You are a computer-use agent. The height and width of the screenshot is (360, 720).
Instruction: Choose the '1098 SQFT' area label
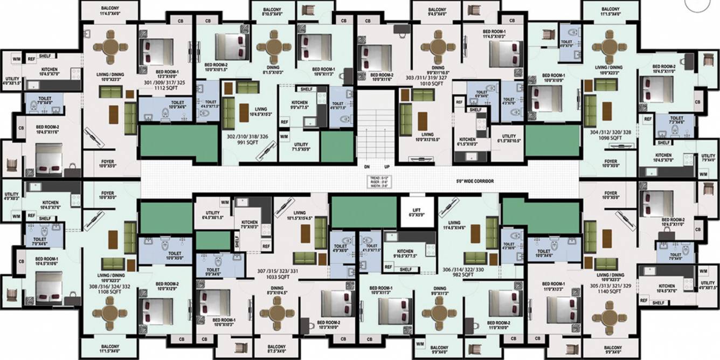pyautogui.click(x=607, y=137)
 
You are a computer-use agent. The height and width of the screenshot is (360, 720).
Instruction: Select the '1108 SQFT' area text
pyautogui.click(x=108, y=292)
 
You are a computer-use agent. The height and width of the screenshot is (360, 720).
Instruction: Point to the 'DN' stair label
pyautogui.click(x=366, y=167)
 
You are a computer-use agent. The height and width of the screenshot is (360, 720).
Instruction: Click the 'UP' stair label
pyautogui.click(x=386, y=167)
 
